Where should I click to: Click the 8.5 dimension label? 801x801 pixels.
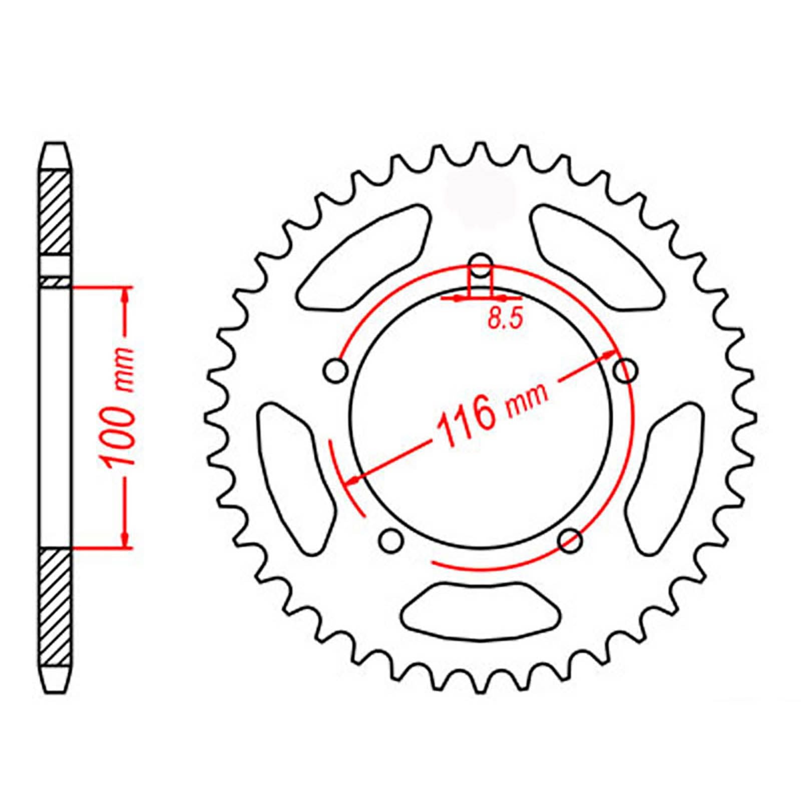pyautogui.click(x=505, y=318)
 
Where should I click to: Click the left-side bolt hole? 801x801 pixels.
pyautogui.click(x=335, y=371)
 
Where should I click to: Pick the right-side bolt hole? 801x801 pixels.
pyautogui.click(x=626, y=371)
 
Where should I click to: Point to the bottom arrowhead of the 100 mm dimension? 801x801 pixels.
pyautogui.click(x=126, y=540)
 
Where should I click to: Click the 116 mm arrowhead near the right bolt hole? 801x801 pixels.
pyautogui.click(x=609, y=356)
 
